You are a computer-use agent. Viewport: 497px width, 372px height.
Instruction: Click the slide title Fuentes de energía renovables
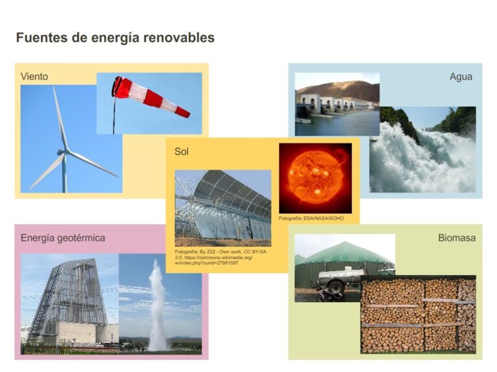(x=115, y=38)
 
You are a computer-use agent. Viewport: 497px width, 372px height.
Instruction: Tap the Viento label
(x=34, y=76)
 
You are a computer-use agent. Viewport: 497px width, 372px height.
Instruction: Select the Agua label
(x=461, y=76)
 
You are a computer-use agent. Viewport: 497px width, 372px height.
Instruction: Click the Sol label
(x=182, y=152)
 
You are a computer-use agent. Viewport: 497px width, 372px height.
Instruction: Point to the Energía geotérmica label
(x=63, y=238)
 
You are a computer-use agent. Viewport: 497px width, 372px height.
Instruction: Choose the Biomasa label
(x=456, y=238)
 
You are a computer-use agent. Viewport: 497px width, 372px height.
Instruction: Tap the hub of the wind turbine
(x=65, y=152)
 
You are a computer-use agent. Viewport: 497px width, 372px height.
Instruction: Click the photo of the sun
(x=315, y=178)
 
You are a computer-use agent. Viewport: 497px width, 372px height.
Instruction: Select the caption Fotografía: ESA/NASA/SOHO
(x=311, y=218)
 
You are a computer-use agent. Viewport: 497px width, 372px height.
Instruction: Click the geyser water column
(x=157, y=304)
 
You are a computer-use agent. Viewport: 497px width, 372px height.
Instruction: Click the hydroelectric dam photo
(x=337, y=103)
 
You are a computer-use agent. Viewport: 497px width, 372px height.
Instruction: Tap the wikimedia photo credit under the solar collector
(x=220, y=257)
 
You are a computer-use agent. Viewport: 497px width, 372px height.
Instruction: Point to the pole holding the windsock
(x=115, y=113)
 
